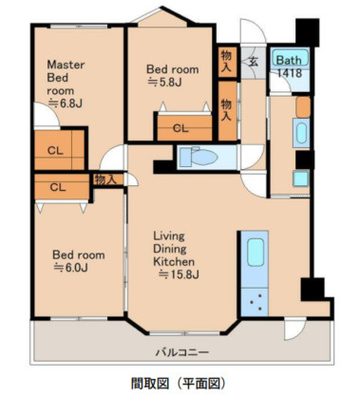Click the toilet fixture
click(x=199, y=157)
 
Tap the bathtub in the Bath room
click(x=290, y=57)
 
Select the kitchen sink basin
click(x=256, y=253)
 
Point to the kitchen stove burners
click(x=256, y=302)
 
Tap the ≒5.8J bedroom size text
click(x=165, y=83)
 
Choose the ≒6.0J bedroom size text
click(x=70, y=268)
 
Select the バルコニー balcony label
click(x=182, y=352)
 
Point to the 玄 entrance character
click(x=253, y=61)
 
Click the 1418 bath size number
click(x=290, y=73)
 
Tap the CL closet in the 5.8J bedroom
click(x=185, y=128)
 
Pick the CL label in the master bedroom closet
click(x=55, y=151)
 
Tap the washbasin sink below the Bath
click(x=301, y=133)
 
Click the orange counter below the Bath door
click(x=303, y=106)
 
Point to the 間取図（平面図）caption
click(x=179, y=383)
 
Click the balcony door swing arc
click(x=295, y=329)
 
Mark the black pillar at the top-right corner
click(x=307, y=31)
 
